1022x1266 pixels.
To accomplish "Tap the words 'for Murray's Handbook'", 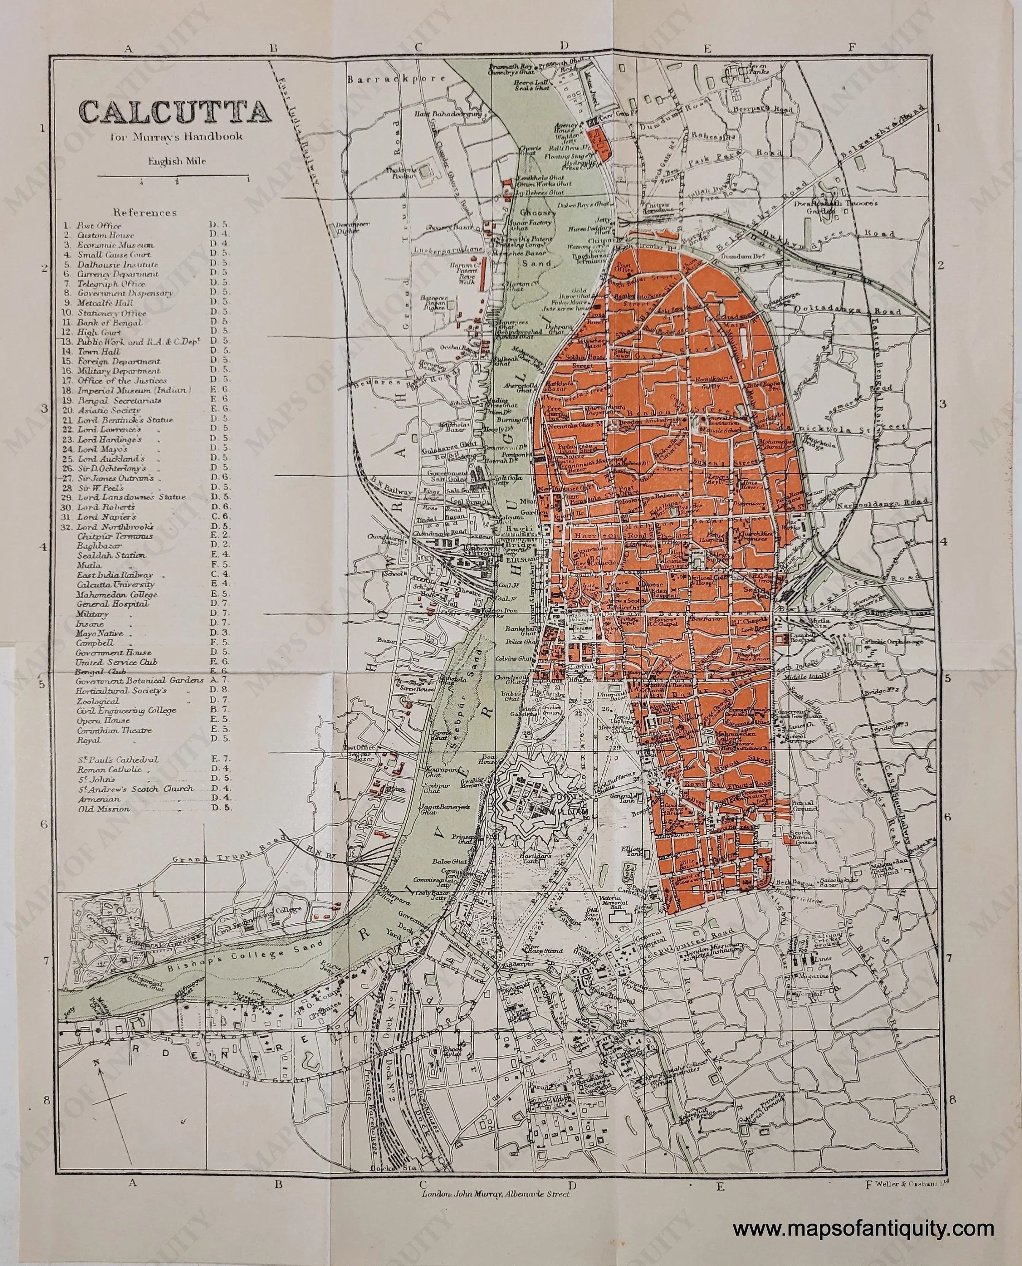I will point(175,137).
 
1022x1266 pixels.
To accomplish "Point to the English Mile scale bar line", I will point(175,176).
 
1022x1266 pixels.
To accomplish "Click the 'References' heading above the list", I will point(145,213).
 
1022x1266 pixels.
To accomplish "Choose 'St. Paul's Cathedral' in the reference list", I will point(117,760).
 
